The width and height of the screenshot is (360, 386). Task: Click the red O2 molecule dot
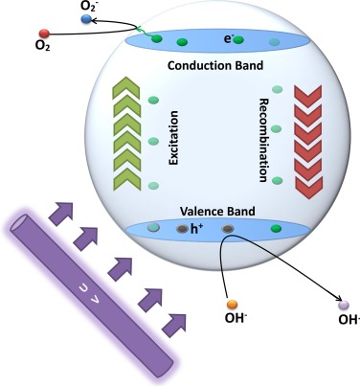(x=44, y=34)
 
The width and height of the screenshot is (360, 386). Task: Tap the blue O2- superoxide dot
(x=86, y=19)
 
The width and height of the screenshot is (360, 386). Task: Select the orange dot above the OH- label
(x=232, y=305)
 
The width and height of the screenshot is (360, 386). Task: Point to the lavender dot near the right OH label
(x=344, y=305)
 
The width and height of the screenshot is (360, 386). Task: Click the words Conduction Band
(x=215, y=65)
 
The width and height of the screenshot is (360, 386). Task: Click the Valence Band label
(x=217, y=211)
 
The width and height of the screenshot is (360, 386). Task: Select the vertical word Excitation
(x=173, y=138)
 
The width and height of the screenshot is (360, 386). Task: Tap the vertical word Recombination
(x=263, y=140)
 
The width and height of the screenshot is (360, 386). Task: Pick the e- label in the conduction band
(x=228, y=39)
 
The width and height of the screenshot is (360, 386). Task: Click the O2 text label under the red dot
(x=43, y=46)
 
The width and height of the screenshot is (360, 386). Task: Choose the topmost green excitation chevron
(x=126, y=87)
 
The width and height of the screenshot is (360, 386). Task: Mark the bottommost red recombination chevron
(x=308, y=189)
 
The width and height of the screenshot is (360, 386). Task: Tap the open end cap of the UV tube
(x=18, y=222)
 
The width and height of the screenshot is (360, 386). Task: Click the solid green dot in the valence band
(x=276, y=229)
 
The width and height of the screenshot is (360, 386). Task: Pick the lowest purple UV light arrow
(x=174, y=325)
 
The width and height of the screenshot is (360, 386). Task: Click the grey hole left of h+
(x=182, y=229)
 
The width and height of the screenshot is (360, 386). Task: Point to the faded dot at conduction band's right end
(x=274, y=42)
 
